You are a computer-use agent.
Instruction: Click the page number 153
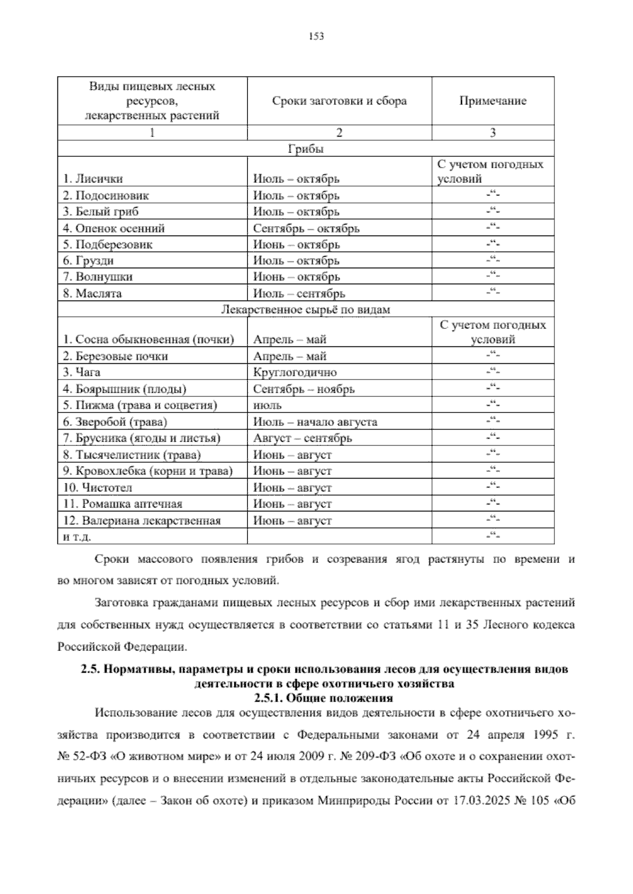pyautogui.click(x=316, y=36)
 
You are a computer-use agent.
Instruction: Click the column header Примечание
pyautogui.click(x=493, y=101)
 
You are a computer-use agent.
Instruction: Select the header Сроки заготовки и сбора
pyautogui.click(x=339, y=101)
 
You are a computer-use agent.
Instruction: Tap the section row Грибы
pyautogui.click(x=306, y=149)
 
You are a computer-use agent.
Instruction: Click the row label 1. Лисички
pyautogui.click(x=93, y=179)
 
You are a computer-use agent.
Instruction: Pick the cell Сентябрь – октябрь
pyautogui.click(x=306, y=229)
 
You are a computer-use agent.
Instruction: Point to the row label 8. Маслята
pyautogui.click(x=92, y=294)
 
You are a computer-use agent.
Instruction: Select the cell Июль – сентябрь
pyautogui.click(x=299, y=294)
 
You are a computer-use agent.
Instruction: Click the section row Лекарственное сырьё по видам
pyautogui.click(x=306, y=309)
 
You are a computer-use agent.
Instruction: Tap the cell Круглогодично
pyautogui.click(x=295, y=373)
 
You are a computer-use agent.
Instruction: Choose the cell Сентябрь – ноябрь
pyautogui.click(x=304, y=390)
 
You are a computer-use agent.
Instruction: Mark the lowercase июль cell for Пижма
pyautogui.click(x=267, y=406)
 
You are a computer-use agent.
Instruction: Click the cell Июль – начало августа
pyautogui.click(x=315, y=422)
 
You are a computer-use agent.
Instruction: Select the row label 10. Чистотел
pyautogui.click(x=98, y=488)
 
